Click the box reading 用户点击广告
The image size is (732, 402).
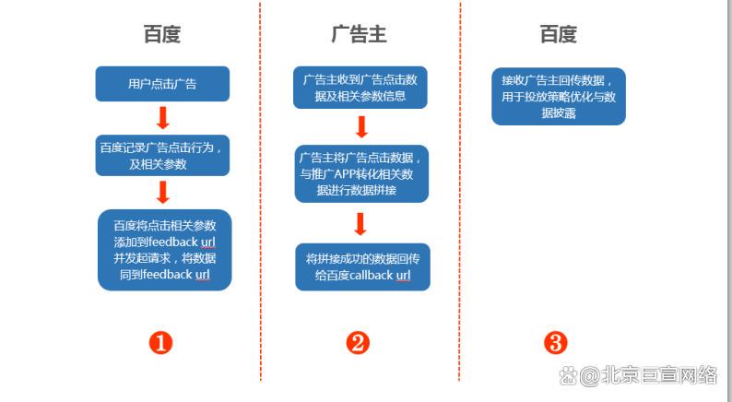tap(162, 84)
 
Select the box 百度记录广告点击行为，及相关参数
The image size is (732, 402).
tap(162, 155)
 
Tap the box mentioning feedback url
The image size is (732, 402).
tap(164, 250)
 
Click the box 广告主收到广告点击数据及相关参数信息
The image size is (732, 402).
tap(361, 88)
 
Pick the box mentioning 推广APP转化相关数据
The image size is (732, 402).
tap(361, 173)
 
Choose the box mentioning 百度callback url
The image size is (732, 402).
tap(362, 266)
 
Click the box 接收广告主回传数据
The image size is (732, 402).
tap(558, 96)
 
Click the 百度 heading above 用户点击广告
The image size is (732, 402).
tap(161, 35)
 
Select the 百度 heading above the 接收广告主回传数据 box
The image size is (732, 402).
tap(558, 35)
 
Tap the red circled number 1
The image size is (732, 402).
tap(161, 343)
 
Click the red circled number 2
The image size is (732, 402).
tap(359, 343)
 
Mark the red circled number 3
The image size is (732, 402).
tap(555, 343)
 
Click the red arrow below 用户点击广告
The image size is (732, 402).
tap(162, 118)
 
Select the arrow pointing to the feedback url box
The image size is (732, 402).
tap(163, 192)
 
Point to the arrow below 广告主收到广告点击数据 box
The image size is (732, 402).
tap(361, 126)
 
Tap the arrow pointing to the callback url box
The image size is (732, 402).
tap(360, 223)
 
